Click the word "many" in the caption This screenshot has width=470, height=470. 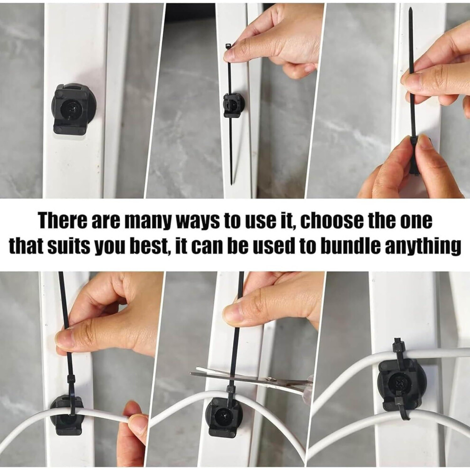point(149,222)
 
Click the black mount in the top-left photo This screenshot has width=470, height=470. point(71,109)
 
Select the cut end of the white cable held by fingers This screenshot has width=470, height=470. point(130,419)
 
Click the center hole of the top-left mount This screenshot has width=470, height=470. point(71,109)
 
